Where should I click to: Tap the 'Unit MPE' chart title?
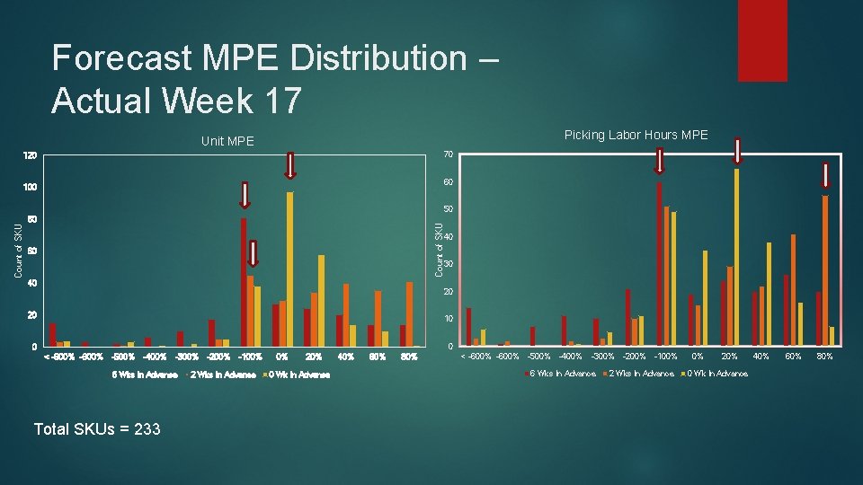coord(227,141)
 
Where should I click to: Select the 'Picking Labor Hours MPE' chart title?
coord(636,135)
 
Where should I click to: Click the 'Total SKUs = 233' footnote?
coord(97,428)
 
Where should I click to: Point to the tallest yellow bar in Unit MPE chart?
coord(290,269)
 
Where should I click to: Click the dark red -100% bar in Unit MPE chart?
coord(244,282)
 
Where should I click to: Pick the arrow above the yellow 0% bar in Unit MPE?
coord(290,165)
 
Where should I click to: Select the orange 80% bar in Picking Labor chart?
coord(825,270)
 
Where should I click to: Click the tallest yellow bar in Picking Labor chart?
coord(737,257)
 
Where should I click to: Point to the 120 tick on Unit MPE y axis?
coord(30,156)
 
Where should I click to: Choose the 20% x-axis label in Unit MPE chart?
coord(314,357)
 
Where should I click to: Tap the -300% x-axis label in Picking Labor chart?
coord(602,357)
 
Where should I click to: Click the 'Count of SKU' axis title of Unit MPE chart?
coord(19,250)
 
